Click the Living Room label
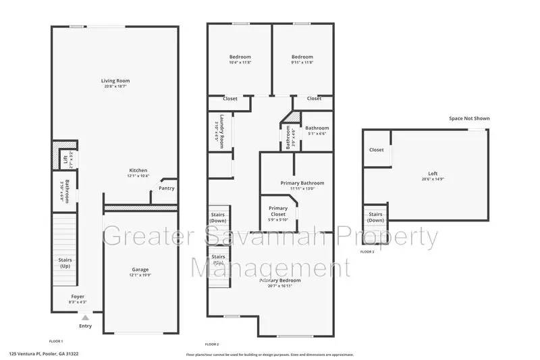116,81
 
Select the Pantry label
166,188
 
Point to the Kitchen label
138,170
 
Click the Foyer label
78,297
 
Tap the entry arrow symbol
85,316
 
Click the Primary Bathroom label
302,183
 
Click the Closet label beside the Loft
376,150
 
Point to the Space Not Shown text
469,118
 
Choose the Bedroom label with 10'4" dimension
240,57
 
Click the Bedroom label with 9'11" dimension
302,57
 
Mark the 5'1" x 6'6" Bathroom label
317,128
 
